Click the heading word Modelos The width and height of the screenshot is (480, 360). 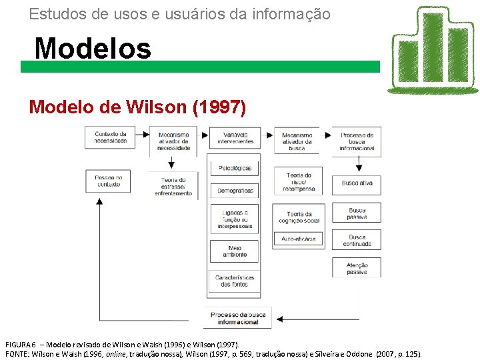tap(93, 48)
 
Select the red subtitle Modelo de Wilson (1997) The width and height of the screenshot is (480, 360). tap(137, 107)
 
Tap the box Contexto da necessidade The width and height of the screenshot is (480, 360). tap(110, 137)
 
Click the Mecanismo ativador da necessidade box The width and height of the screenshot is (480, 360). tap(173, 141)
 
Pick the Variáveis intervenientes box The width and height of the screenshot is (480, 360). tap(235, 138)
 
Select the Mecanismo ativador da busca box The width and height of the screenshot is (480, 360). tap(297, 141)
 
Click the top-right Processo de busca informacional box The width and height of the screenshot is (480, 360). tap(357, 141)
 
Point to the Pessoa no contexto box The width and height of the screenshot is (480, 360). tap(108, 181)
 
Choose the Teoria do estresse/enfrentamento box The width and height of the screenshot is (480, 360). tap(173, 186)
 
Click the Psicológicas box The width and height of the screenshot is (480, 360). tap(235, 168)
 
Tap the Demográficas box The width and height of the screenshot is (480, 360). tap(235, 191)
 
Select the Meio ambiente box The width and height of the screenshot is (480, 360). tap(235, 251)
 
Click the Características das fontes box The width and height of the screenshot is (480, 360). tap(235, 281)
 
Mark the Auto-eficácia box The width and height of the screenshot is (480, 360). tap(298, 239)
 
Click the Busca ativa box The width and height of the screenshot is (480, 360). tap(357, 183)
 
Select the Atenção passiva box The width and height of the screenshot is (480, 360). tap(357, 268)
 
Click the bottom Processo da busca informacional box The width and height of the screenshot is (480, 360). tap(238, 318)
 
